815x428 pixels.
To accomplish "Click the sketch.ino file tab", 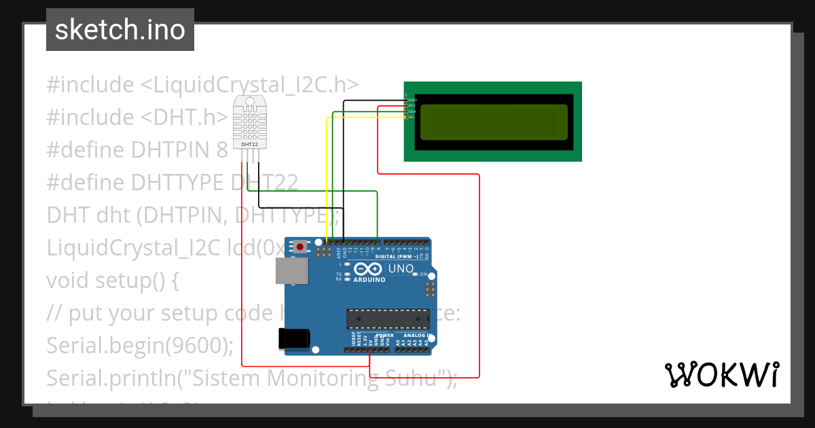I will click(120, 30).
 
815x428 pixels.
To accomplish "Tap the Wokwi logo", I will click(721, 374).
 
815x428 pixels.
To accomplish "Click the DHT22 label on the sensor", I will click(249, 144).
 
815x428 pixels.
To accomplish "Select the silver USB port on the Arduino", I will click(291, 270).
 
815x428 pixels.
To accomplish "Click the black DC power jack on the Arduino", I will click(294, 339).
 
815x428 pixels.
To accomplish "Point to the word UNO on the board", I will click(401, 270).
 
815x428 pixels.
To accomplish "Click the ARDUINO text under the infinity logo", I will click(369, 279).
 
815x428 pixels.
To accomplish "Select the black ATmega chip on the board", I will click(388, 317).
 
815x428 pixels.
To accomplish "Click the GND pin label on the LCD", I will click(412, 100).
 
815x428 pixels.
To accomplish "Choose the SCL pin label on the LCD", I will click(412, 117).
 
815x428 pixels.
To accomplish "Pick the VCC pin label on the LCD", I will click(412, 105).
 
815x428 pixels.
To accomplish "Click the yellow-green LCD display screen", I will click(494, 122).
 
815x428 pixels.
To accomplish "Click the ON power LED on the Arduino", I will click(423, 274).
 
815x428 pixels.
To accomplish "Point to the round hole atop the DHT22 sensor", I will click(249, 101).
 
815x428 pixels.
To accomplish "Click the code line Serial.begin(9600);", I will click(140, 345).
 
